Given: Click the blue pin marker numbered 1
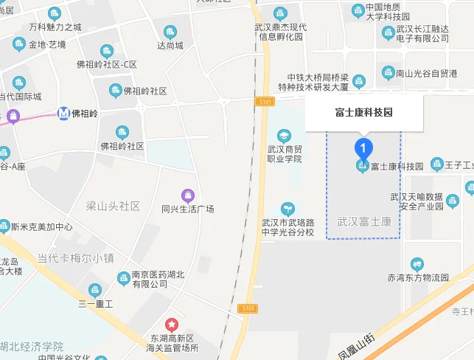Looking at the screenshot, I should tap(362, 147).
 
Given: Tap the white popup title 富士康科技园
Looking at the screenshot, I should tap(364, 113).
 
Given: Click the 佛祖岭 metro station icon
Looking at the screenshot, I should tap(65, 114).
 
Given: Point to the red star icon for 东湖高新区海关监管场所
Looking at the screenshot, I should tap(171, 324).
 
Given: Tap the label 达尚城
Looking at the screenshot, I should tap(170, 45).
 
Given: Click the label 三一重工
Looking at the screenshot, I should tap(95, 304).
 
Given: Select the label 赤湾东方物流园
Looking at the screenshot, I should tap(418, 277).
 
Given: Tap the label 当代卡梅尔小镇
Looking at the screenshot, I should tap(76, 258).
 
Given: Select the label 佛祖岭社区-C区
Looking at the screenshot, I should tap(107, 64).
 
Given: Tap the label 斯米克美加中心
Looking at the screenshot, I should tap(41, 227).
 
